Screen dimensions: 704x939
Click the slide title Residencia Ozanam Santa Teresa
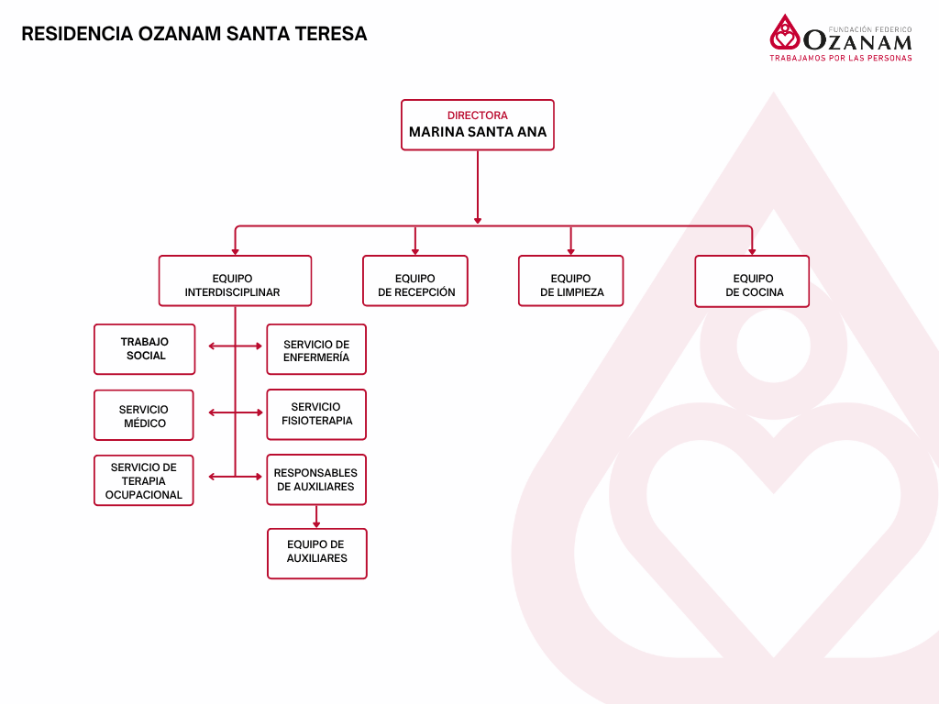pyautogui.click(x=193, y=34)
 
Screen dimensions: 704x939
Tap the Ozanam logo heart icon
pyautogui.click(x=784, y=34)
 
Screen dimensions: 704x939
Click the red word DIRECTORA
pyautogui.click(x=477, y=115)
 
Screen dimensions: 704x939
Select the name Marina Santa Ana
pyautogui.click(x=477, y=132)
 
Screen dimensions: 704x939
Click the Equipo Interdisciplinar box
pyautogui.click(x=235, y=280)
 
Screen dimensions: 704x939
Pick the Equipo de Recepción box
pyautogui.click(x=415, y=280)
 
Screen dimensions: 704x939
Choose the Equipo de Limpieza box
pyautogui.click(x=570, y=280)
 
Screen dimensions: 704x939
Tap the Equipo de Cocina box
pyautogui.click(x=752, y=280)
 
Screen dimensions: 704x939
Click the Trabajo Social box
pyautogui.click(x=145, y=349)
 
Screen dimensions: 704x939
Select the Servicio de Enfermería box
pyautogui.click(x=316, y=349)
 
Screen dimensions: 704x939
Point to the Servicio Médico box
pyautogui.click(x=144, y=415)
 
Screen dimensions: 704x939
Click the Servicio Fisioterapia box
pyautogui.click(x=316, y=414)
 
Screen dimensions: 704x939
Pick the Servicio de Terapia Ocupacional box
pyautogui.click(x=144, y=480)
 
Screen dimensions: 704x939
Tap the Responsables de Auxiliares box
pyautogui.click(x=316, y=479)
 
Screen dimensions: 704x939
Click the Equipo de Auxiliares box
pyautogui.click(x=317, y=554)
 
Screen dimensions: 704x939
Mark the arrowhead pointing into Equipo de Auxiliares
pyautogui.click(x=316, y=524)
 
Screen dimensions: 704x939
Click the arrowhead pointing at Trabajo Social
pyautogui.click(x=212, y=346)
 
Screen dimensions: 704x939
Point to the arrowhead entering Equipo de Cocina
pyautogui.click(x=752, y=251)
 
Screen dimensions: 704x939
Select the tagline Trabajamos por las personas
pyautogui.click(x=841, y=58)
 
